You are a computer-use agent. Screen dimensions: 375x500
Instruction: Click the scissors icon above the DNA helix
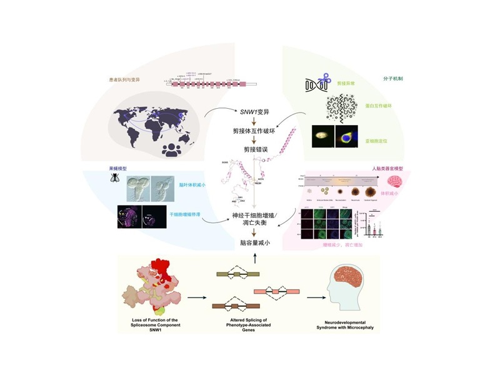(324, 80)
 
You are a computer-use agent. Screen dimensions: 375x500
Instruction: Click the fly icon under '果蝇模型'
(116, 177)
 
